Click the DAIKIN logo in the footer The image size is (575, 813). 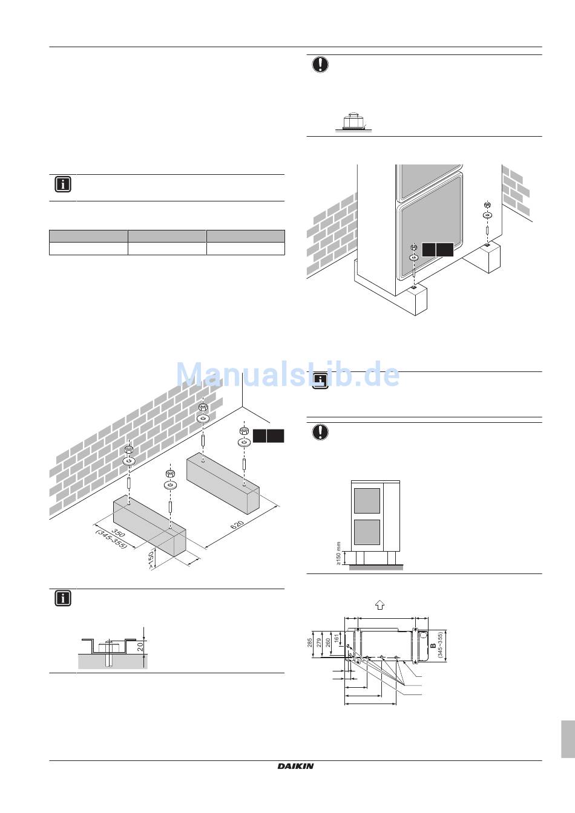click(296, 766)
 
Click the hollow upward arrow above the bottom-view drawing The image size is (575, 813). click(379, 604)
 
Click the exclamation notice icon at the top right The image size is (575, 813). click(320, 64)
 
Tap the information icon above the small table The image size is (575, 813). click(63, 184)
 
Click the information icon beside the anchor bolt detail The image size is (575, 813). click(63, 598)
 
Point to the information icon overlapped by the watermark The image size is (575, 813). click(320, 381)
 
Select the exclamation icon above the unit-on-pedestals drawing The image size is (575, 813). click(320, 432)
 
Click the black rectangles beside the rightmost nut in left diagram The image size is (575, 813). click(269, 436)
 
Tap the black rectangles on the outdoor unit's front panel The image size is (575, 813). click(438, 250)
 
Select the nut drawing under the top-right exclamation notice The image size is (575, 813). click(352, 122)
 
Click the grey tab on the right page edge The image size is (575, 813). click(568, 739)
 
